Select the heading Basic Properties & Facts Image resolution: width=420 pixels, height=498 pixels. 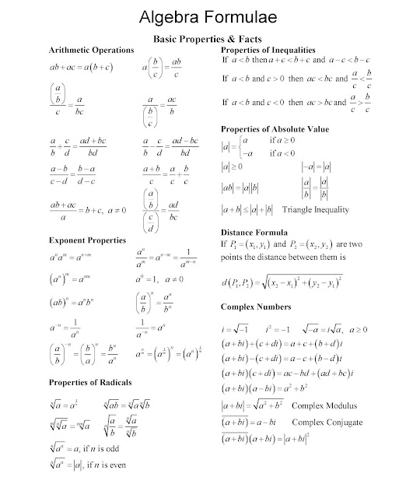[210, 37]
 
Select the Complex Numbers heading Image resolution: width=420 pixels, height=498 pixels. [257, 307]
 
